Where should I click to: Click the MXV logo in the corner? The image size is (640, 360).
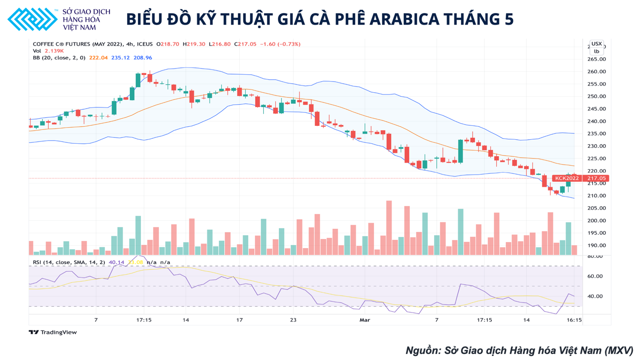point(32,19)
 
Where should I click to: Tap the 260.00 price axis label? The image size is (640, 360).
point(597,72)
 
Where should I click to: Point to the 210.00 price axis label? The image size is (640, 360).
point(597,196)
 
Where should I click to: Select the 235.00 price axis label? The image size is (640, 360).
point(597,133)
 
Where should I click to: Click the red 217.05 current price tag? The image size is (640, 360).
point(597,178)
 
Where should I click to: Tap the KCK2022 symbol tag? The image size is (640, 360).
point(567,178)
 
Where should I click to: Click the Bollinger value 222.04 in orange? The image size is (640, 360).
point(98,58)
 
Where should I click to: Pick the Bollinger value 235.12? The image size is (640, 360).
point(120,58)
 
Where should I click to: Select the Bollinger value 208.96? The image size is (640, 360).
point(143,58)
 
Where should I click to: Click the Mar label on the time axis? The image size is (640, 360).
point(365,320)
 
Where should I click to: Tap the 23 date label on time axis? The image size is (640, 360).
point(293,320)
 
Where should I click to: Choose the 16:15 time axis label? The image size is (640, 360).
point(574,320)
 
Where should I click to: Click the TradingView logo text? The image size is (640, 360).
point(53,332)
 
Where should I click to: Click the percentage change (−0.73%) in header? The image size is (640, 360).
point(289,44)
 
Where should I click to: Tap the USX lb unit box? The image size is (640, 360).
point(597,47)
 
